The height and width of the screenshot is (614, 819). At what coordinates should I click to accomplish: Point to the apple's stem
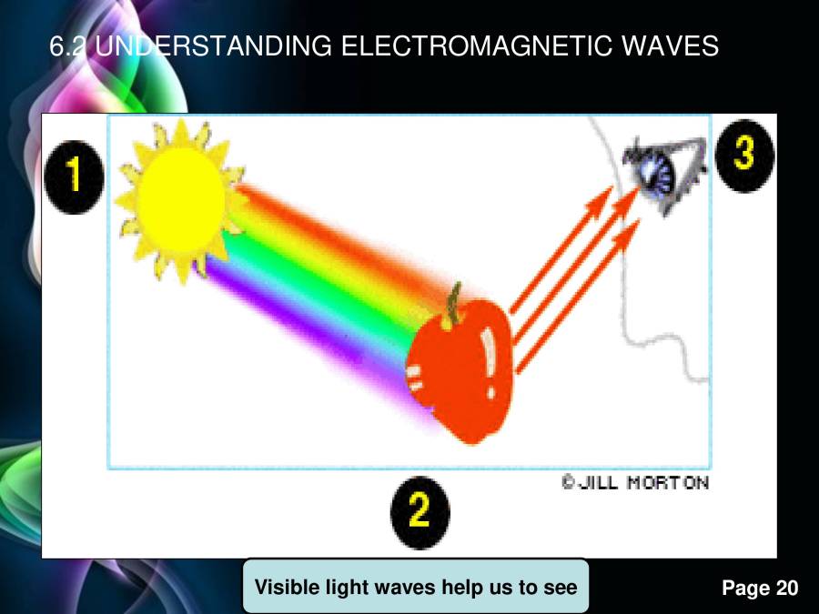pyautogui.click(x=451, y=306)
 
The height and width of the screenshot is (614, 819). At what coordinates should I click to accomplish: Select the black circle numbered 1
pyautogui.click(x=73, y=176)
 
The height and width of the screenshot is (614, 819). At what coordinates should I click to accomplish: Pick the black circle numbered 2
pyautogui.click(x=420, y=512)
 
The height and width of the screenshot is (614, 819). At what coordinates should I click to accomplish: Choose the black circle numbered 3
pyautogui.click(x=744, y=154)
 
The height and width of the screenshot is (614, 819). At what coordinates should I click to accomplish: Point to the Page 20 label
pyautogui.click(x=760, y=589)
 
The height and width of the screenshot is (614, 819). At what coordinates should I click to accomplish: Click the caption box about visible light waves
pyautogui.click(x=416, y=587)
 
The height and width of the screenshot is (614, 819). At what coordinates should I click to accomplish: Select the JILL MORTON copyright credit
pyautogui.click(x=634, y=482)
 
